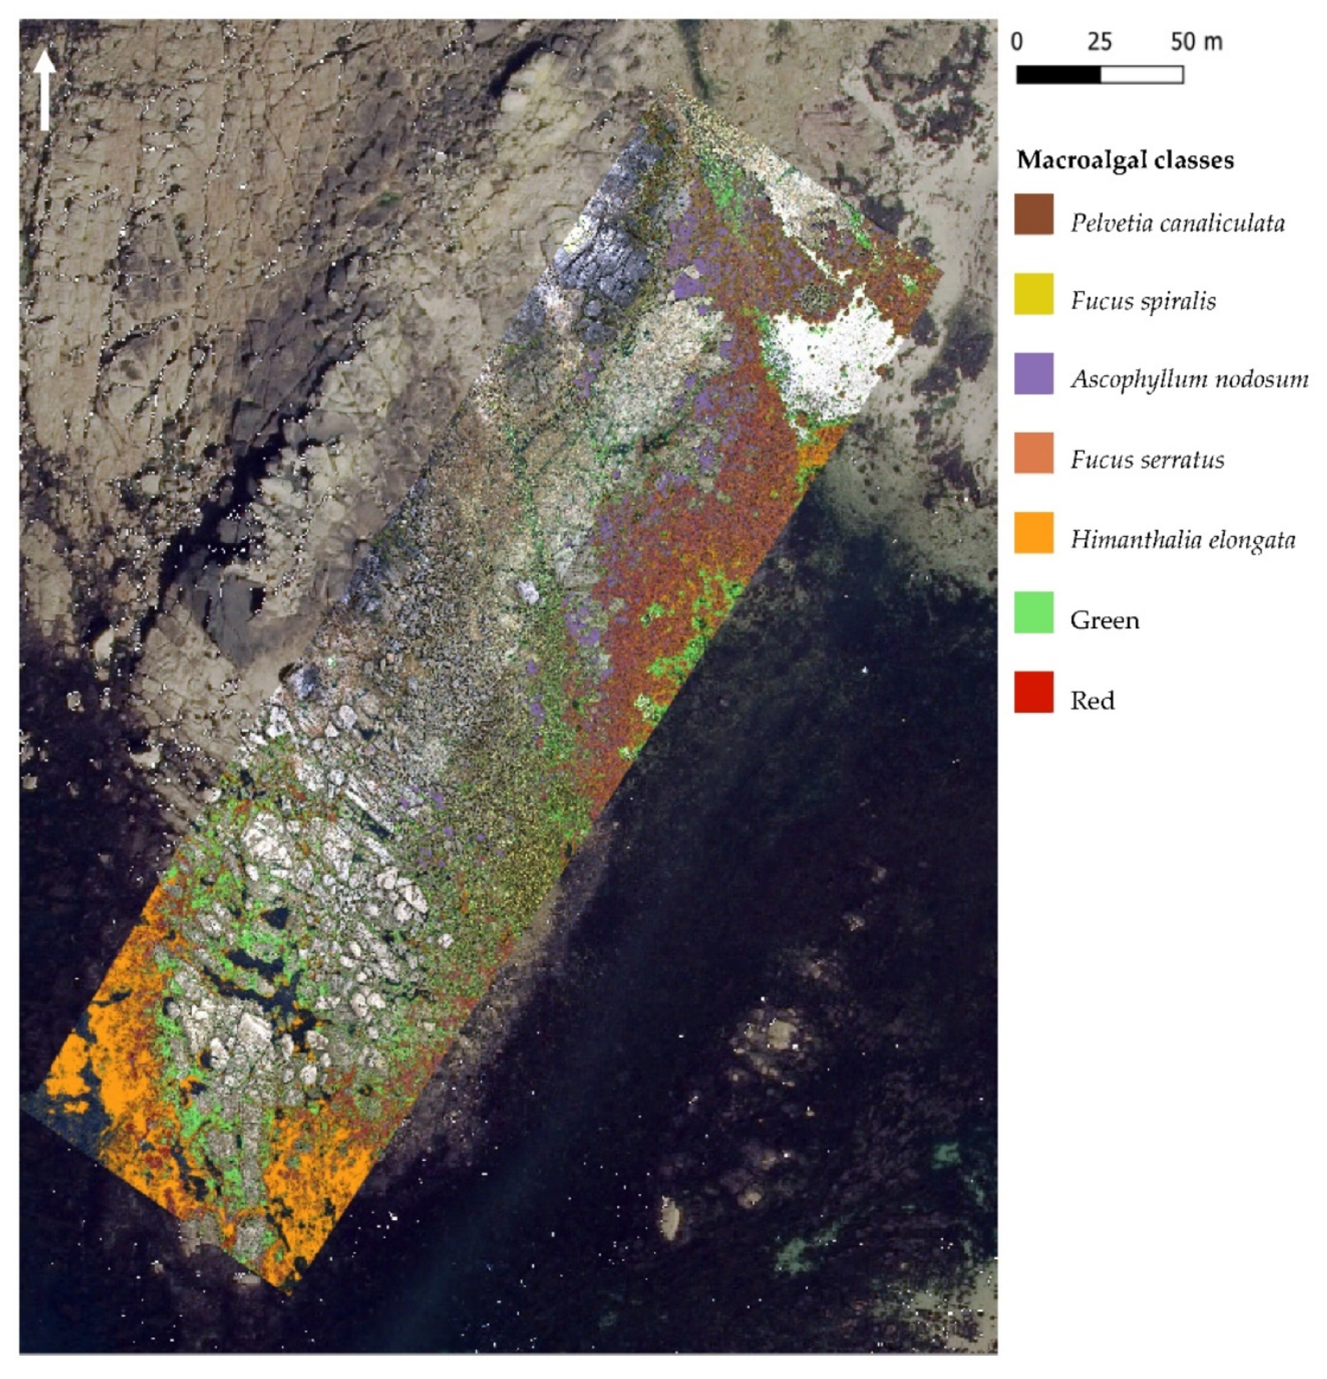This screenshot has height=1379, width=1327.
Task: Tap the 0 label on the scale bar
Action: (x=1017, y=42)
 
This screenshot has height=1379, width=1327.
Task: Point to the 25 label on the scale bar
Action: (x=1099, y=42)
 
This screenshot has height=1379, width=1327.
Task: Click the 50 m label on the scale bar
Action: (x=1196, y=42)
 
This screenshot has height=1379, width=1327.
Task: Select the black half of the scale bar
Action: (x=1058, y=74)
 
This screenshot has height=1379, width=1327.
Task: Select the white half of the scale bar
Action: (x=1141, y=74)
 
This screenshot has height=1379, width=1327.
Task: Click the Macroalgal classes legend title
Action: (x=1124, y=161)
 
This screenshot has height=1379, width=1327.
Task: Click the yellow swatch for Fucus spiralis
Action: (x=1034, y=294)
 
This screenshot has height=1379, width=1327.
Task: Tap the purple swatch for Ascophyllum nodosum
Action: (x=1034, y=374)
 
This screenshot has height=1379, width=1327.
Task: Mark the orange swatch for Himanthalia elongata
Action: (x=1034, y=532)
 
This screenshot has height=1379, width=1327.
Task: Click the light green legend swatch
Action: (x=1034, y=613)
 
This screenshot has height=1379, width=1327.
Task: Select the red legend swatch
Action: (x=1034, y=692)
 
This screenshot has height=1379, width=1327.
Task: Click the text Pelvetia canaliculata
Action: (x=1177, y=223)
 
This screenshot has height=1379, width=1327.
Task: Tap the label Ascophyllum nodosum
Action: (x=1189, y=380)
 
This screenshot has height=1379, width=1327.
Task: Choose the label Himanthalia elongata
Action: (x=1182, y=541)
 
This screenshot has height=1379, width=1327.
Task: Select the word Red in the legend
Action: (x=1092, y=700)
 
